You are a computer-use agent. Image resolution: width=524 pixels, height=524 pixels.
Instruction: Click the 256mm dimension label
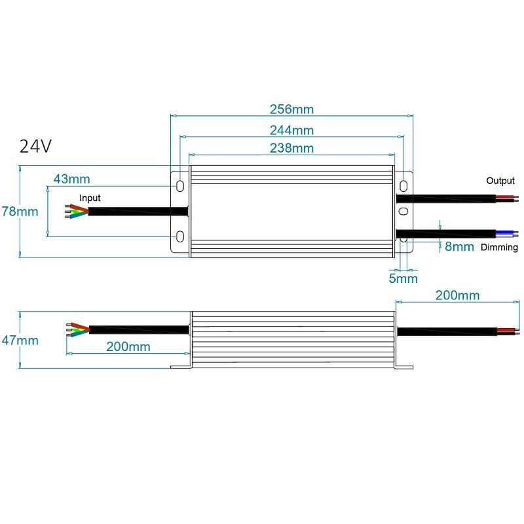(x=291, y=109)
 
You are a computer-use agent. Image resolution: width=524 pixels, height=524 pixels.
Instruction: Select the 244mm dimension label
(x=291, y=130)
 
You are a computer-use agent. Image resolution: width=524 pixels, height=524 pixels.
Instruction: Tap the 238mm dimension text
(x=291, y=148)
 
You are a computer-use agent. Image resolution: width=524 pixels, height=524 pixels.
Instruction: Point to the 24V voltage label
(x=35, y=146)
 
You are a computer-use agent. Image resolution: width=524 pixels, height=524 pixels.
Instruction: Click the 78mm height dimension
(x=20, y=212)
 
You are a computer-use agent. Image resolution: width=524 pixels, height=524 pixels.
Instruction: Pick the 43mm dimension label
(x=72, y=179)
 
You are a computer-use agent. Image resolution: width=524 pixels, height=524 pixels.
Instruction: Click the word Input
(x=90, y=198)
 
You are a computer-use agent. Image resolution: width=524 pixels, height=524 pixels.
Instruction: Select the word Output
(x=500, y=181)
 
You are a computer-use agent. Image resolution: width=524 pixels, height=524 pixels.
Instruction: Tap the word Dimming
(x=499, y=248)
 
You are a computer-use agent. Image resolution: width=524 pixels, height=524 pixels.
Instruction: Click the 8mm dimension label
(x=459, y=247)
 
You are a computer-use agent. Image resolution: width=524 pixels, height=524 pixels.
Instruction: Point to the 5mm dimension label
(x=403, y=278)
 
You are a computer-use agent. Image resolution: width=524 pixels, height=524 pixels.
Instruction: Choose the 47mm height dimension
(x=20, y=341)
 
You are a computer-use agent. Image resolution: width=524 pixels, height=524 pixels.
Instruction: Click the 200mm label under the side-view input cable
(x=128, y=346)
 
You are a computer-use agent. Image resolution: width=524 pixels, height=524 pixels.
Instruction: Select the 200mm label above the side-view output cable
(x=457, y=295)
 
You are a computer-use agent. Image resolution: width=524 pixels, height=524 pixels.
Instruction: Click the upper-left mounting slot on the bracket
(x=180, y=186)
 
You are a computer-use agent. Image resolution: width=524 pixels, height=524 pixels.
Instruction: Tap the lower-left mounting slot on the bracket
(x=180, y=236)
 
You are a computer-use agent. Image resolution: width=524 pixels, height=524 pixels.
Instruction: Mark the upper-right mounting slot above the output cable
(x=403, y=186)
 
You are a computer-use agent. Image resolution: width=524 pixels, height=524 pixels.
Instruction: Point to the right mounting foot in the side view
(x=403, y=367)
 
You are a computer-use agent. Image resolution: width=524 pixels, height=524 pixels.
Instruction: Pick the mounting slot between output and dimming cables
(x=403, y=211)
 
